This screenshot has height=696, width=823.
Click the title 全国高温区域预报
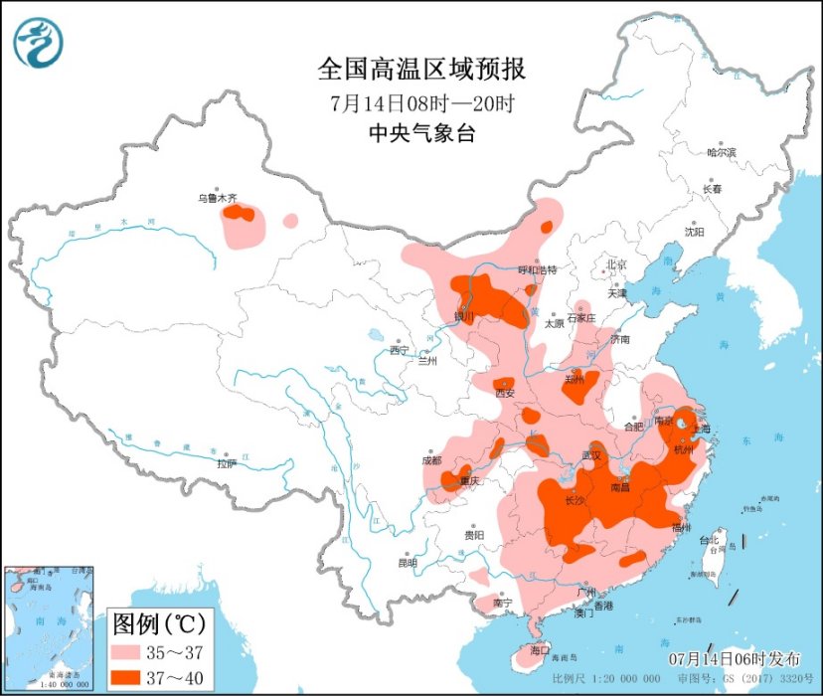(x=421, y=70)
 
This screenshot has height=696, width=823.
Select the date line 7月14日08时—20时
(x=421, y=102)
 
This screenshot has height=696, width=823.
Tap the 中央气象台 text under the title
(x=421, y=133)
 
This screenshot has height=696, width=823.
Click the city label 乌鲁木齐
(x=216, y=199)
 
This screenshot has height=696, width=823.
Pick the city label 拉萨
(x=227, y=463)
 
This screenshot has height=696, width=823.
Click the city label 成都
(x=430, y=460)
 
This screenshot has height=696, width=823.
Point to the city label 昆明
(x=408, y=563)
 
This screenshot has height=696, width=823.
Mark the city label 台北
(x=709, y=541)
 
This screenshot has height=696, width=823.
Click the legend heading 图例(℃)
(x=158, y=624)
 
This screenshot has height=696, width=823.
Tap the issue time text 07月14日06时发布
(x=734, y=659)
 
